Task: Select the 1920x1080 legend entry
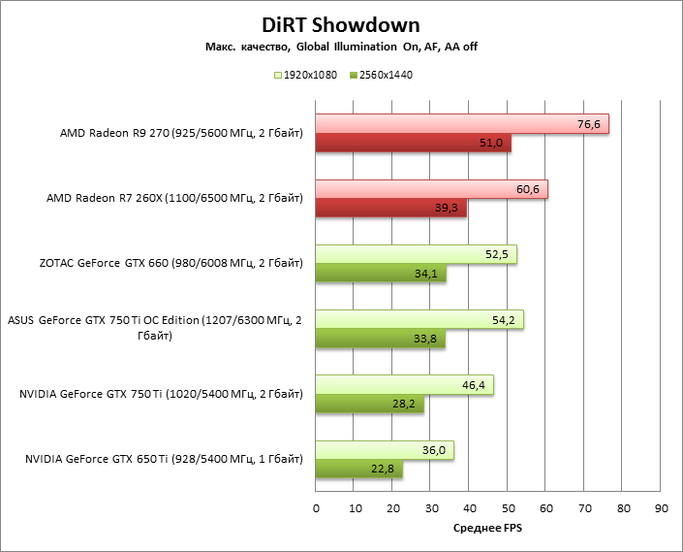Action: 306,75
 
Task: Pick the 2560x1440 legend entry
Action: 381,75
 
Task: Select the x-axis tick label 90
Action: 661,507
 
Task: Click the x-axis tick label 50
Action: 508,507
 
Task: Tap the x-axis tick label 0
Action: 316,507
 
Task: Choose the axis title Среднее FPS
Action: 488,530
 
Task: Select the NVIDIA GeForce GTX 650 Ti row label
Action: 161,459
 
